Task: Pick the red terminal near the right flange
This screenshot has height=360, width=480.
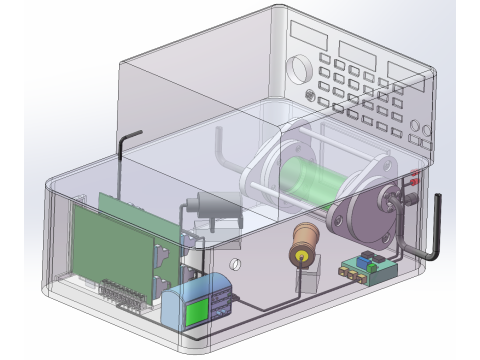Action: click(413, 183)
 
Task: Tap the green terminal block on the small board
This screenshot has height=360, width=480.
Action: click(352, 267)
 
